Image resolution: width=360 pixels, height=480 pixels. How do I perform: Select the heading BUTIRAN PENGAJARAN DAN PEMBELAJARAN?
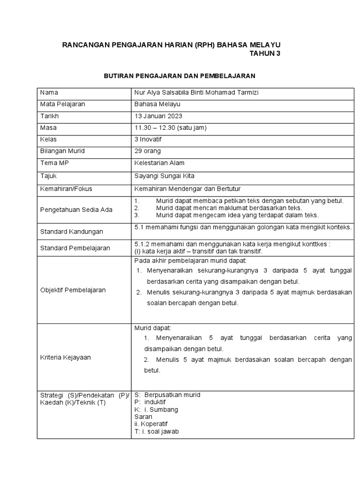pyautogui.click(x=179, y=75)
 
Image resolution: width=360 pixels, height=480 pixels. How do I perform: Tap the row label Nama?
pyautogui.click(x=49, y=92)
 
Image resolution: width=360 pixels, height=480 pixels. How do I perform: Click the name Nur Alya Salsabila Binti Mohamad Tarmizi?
pyautogui.click(x=196, y=92)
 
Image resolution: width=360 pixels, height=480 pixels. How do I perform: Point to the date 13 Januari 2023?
pyautogui.click(x=158, y=116)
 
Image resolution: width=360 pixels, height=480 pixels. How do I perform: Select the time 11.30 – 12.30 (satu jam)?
pyautogui.click(x=170, y=127)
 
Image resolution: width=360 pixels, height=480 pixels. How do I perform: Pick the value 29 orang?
pyautogui.click(x=147, y=151)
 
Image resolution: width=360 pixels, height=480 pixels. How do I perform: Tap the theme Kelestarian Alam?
pyautogui.click(x=159, y=163)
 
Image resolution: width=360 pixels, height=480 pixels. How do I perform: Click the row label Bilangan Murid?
pyautogui.click(x=62, y=151)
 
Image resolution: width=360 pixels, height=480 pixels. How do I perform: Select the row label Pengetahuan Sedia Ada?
pyautogui.click(x=76, y=210)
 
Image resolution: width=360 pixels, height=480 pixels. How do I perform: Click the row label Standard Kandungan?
pyautogui.click(x=72, y=232)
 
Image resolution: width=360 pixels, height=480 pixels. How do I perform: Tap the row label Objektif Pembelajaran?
pyautogui.click(x=73, y=290)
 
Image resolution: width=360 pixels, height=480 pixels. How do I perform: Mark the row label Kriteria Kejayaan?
pyautogui.click(x=65, y=357)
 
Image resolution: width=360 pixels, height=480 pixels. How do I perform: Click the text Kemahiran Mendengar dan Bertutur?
pyautogui.click(x=187, y=188)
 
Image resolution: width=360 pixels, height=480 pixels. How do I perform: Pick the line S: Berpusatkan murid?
pyautogui.click(x=167, y=395)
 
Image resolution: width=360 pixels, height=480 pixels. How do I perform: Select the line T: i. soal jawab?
pyautogui.click(x=156, y=432)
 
